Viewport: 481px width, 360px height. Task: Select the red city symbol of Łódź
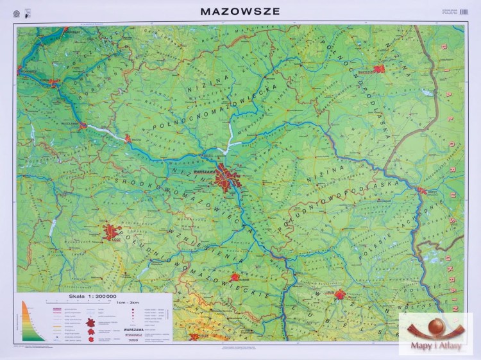pos(114,232)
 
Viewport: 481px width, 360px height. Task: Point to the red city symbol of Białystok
pos(379,69)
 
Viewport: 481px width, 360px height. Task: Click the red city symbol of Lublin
pos(340,295)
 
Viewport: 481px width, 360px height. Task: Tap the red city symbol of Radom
pos(235,278)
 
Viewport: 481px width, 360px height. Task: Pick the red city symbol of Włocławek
pos(83,126)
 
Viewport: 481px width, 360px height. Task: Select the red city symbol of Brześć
pos(422,190)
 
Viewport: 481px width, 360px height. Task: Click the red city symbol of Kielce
pos(194,336)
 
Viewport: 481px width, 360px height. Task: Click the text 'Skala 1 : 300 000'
pos(94,296)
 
